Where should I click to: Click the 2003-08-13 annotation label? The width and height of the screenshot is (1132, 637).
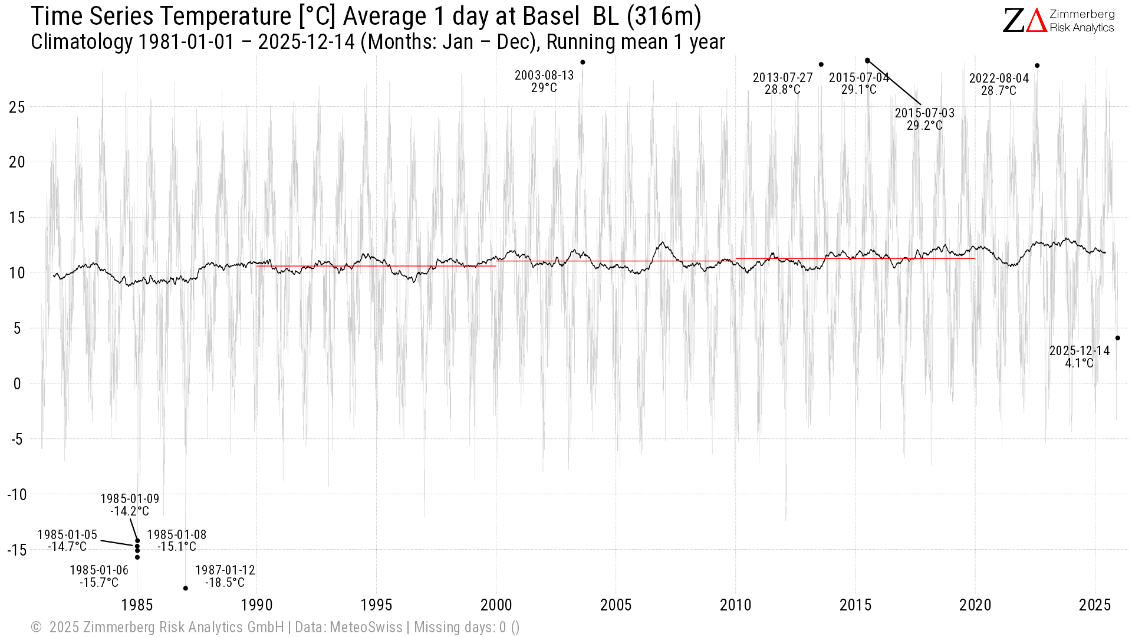click(544, 81)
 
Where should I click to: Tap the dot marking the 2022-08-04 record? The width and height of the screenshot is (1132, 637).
click(1037, 65)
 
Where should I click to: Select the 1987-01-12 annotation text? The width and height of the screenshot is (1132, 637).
click(225, 576)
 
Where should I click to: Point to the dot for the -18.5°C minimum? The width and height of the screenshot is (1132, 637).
click(185, 588)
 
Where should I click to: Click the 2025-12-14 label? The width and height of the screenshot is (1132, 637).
click(1080, 356)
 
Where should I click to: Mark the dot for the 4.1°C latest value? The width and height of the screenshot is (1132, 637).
click(1117, 338)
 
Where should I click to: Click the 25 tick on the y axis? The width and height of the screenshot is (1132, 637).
click(17, 107)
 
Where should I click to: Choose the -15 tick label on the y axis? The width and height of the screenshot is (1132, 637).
click(17, 550)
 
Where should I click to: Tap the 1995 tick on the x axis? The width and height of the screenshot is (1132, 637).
click(376, 605)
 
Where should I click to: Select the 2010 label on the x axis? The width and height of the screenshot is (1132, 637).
click(735, 605)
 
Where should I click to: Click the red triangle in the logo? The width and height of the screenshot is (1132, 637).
click(1036, 21)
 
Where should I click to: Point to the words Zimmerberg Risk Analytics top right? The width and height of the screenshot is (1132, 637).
click(1082, 21)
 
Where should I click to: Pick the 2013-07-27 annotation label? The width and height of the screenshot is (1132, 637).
click(782, 84)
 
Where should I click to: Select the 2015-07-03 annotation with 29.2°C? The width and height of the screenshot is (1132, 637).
click(924, 119)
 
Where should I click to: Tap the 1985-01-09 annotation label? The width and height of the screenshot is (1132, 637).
click(130, 505)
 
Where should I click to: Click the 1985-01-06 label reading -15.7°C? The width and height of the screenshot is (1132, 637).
click(99, 576)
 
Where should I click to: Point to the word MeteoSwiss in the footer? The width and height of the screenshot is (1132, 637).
click(366, 627)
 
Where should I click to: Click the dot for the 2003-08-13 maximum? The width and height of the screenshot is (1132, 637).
click(583, 62)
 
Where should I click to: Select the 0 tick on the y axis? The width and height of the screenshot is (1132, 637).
click(17, 384)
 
